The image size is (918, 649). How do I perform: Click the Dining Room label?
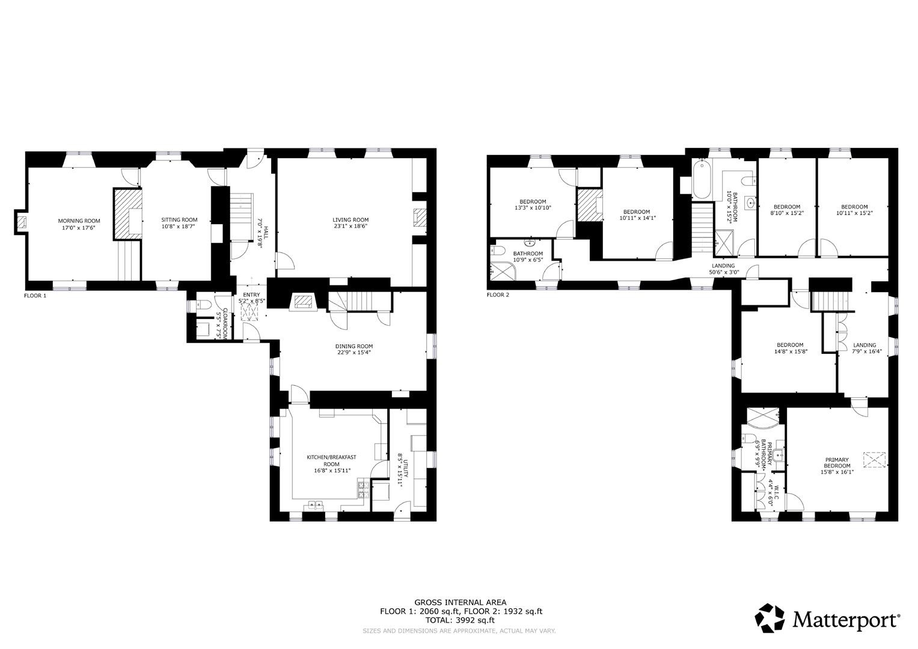click(354, 346)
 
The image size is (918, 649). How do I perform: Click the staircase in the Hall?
click(243, 216)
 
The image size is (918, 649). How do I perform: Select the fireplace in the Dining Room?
click(302, 302)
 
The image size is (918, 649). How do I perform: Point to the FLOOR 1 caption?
click(35, 296)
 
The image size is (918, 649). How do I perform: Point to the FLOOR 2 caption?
click(498, 295)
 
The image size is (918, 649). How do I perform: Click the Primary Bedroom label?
click(837, 463)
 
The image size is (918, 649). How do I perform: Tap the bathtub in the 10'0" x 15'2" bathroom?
click(702, 179)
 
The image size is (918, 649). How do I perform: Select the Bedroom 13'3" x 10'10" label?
click(533, 201)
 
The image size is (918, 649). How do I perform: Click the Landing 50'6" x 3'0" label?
click(723, 266)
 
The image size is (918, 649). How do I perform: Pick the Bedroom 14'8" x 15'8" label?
click(790, 345)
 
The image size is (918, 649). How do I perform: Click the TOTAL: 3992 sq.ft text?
click(460, 620)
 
